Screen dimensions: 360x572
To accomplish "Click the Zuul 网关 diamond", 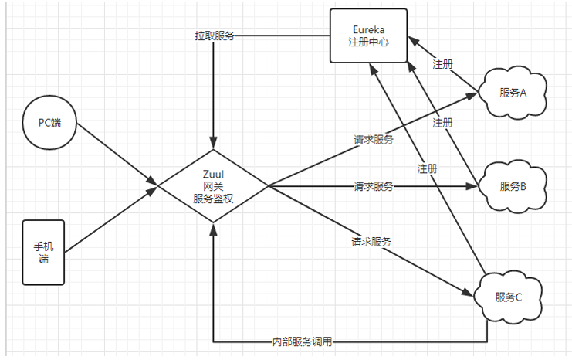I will [x=213, y=185].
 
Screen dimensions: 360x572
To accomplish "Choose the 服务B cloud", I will [x=513, y=186].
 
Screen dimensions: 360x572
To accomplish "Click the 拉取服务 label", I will [x=214, y=36].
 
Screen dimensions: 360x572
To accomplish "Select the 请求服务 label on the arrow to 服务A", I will [x=374, y=140].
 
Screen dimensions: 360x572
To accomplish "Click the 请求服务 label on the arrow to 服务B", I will [x=374, y=186].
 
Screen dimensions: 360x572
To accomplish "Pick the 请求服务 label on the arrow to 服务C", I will [x=371, y=242].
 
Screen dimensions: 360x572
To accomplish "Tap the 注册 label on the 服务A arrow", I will [x=442, y=64].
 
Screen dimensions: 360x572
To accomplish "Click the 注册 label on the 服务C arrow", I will [x=427, y=168].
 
